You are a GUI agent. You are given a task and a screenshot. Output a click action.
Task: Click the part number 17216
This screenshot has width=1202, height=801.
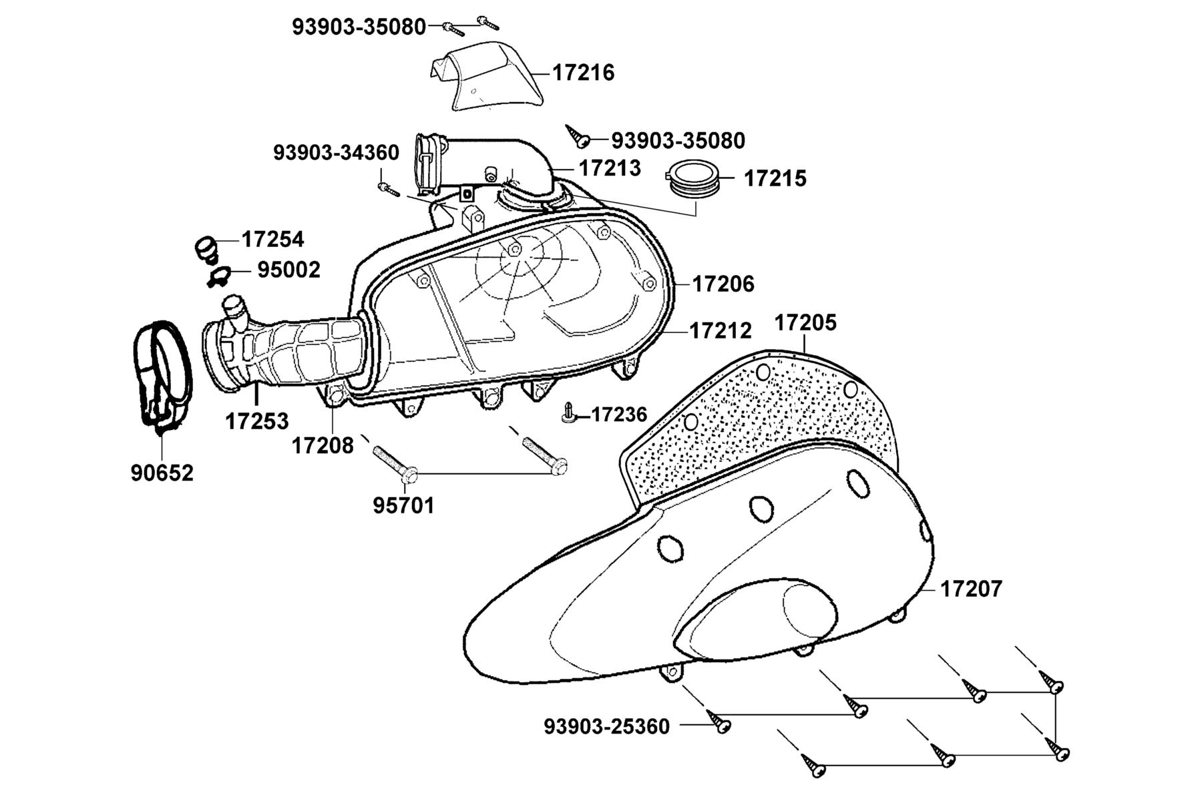583,72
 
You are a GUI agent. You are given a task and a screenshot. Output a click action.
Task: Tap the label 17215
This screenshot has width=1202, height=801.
775,178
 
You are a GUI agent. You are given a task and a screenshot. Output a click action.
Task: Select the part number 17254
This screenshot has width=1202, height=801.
272,239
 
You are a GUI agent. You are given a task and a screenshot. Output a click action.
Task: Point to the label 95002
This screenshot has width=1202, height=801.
289,270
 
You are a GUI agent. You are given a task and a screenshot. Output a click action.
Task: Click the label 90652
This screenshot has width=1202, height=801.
162,473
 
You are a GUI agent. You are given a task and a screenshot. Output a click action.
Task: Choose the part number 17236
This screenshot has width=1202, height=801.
619,415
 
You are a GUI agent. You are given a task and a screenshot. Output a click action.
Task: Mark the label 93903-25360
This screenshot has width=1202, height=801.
606,726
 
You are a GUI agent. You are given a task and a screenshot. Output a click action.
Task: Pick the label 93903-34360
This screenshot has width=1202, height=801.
336,152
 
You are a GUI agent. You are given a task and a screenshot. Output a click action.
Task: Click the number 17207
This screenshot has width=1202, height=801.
971,589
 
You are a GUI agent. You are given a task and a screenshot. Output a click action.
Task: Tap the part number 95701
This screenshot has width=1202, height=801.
403,505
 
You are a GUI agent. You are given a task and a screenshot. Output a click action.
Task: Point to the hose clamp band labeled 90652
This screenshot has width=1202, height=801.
161,374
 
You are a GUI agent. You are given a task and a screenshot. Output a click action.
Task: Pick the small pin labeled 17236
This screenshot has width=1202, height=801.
568,413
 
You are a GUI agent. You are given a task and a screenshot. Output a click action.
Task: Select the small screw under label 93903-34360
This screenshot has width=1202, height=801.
388,189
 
